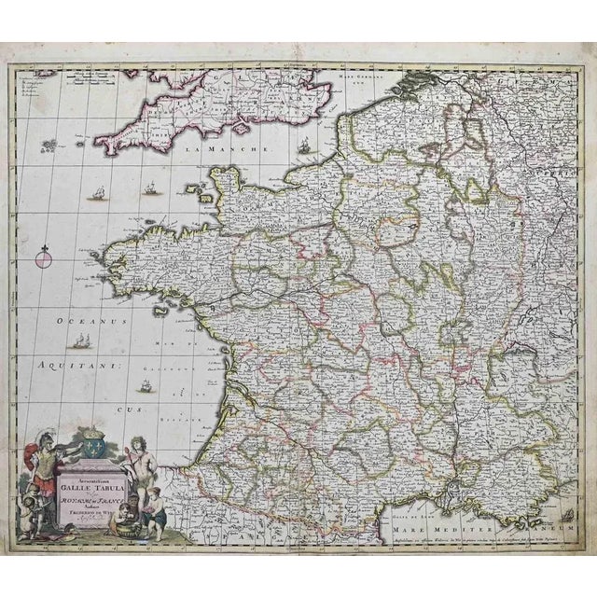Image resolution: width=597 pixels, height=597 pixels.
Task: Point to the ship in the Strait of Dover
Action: coord(304,145)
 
